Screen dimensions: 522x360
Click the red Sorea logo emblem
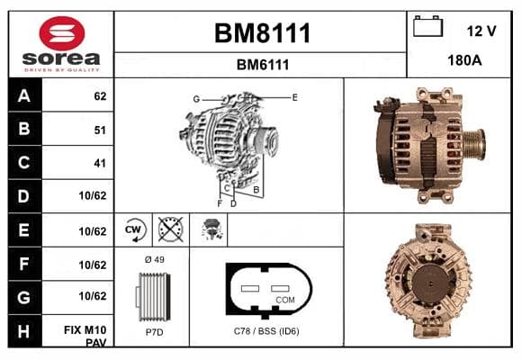(62, 33)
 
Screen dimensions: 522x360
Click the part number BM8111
(262, 33)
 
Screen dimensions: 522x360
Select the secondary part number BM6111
(263, 65)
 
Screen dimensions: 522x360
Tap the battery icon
(427, 26)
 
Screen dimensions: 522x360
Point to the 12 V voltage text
(481, 31)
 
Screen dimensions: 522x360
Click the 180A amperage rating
(464, 60)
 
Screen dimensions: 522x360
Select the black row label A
(24, 95)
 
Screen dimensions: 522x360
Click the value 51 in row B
(100, 130)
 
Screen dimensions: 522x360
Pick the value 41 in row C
(100, 163)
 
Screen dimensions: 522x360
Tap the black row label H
(24, 331)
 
